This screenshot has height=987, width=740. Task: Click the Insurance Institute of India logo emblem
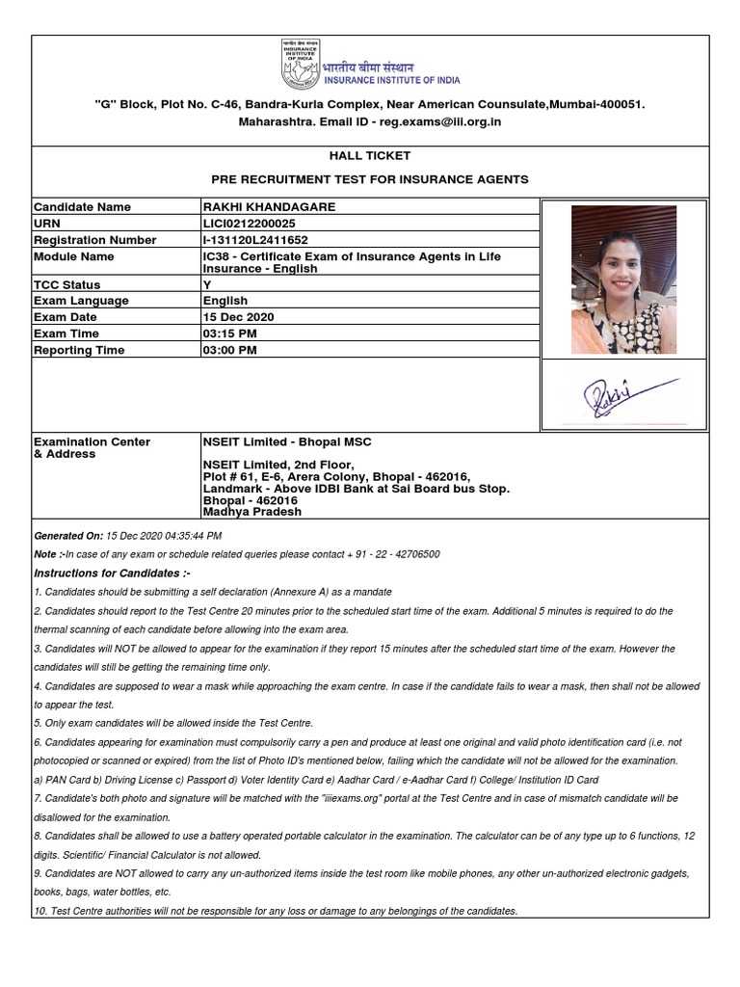pos(299,65)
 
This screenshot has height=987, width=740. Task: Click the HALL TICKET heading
pos(370,156)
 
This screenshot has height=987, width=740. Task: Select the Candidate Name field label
pos(82,207)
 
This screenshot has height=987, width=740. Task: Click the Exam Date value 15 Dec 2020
pos(238,317)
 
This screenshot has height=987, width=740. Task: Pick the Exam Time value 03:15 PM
pos(229,333)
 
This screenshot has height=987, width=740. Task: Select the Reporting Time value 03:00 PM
pos(229,350)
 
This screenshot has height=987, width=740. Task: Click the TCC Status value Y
pos(206,285)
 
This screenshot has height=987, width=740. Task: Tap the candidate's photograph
pos(617,280)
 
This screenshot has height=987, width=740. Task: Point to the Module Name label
pos(73,256)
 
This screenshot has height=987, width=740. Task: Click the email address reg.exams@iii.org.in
pos(440,122)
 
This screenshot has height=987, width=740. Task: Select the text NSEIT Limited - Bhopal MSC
pos(286,441)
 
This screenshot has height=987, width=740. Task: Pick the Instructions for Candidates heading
pos(112,573)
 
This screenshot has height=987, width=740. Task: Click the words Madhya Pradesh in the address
pos(251,512)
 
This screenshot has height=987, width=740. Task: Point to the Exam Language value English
pos(225,301)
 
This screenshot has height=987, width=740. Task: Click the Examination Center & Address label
pos(92,447)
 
